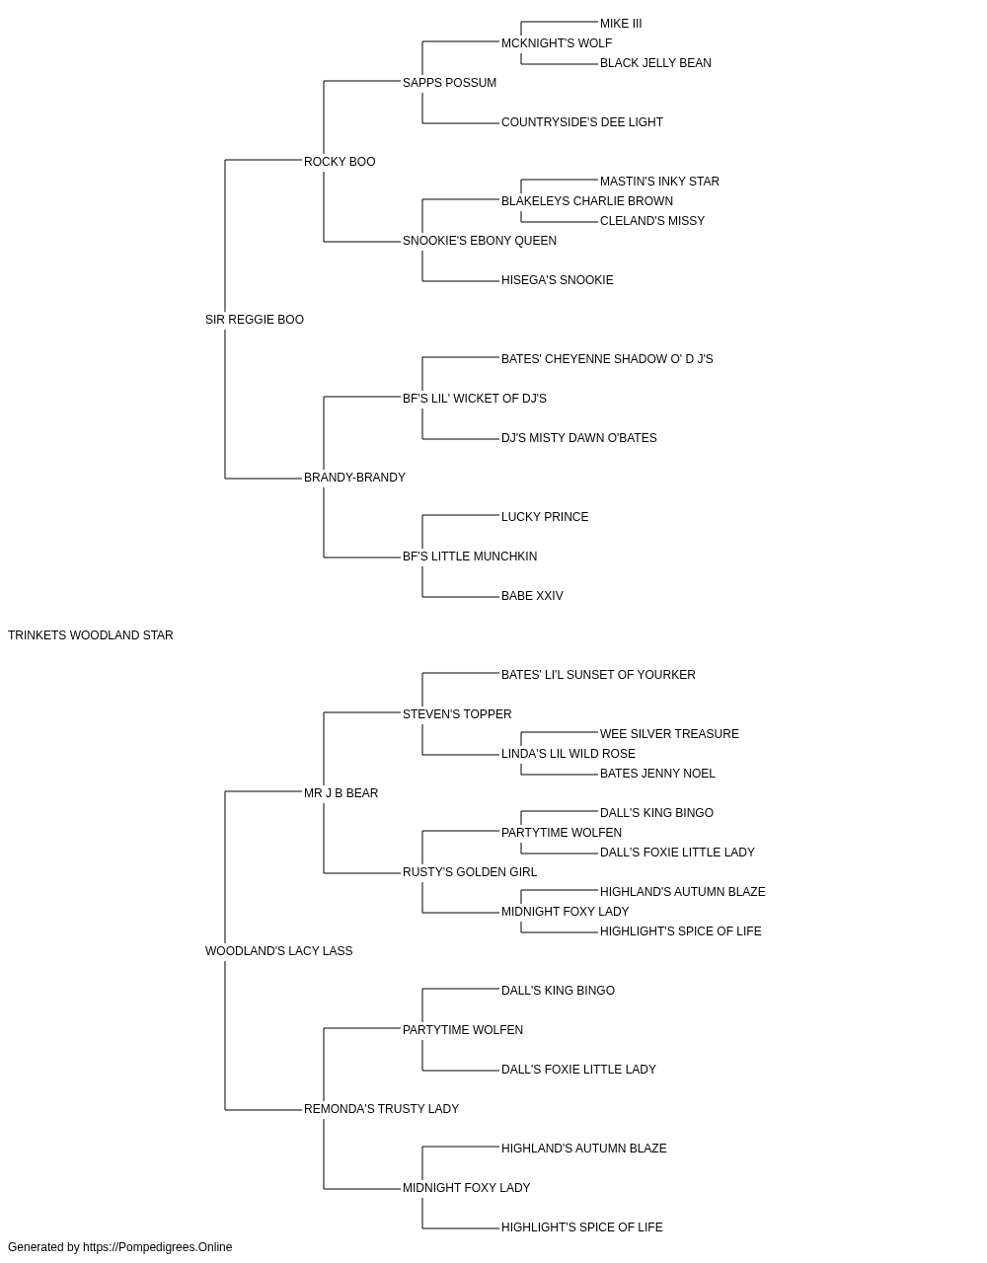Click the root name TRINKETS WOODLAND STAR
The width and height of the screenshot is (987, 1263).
tap(90, 635)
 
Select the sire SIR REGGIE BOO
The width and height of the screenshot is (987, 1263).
tap(254, 320)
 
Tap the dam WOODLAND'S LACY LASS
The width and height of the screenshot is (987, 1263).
tap(278, 951)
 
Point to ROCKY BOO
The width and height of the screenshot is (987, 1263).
tap(340, 162)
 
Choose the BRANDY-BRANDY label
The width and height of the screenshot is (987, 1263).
tap(354, 478)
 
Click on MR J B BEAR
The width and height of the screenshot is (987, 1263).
tap(341, 793)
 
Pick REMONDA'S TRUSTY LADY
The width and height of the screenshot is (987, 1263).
tap(381, 1109)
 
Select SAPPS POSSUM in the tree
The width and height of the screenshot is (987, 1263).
tap(449, 83)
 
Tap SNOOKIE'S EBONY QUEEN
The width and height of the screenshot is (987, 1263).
tap(480, 241)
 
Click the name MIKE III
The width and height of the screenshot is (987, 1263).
tap(621, 24)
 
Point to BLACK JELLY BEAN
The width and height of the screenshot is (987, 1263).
tap(655, 63)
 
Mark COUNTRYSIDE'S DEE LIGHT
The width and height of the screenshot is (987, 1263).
tap(582, 122)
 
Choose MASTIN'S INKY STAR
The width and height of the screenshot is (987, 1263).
tap(659, 182)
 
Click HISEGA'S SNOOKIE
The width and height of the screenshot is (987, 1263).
tap(558, 280)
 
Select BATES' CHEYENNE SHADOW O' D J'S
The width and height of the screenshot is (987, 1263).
tap(607, 359)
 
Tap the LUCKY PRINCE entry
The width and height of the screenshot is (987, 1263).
tap(545, 517)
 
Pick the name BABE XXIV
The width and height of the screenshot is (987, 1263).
tap(532, 596)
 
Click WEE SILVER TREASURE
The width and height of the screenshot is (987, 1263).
tap(669, 734)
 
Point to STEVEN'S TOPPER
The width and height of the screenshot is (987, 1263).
tap(457, 714)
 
